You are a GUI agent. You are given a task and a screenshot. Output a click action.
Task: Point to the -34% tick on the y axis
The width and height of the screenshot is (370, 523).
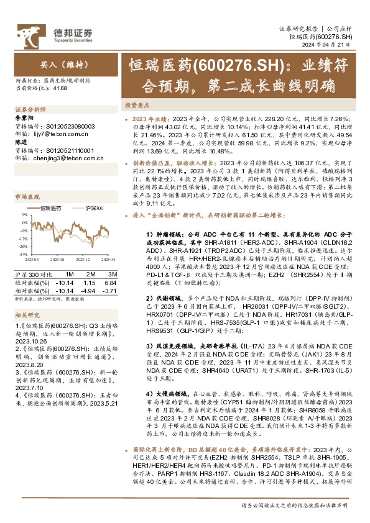(x=22, y=254)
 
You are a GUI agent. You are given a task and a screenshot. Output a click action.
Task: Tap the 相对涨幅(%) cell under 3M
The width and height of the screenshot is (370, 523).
(x=108, y=290)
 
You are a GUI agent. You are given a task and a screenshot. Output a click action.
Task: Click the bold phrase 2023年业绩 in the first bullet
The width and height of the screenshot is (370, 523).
(x=149, y=117)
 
